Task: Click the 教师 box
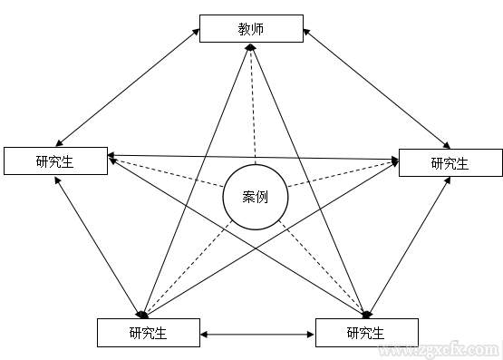coord(250,28)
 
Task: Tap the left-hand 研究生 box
coord(54,161)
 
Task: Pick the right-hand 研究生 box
coord(450,163)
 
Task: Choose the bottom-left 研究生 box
coord(148,333)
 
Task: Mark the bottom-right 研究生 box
coord(366,333)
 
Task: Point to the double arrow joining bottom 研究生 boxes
coord(256,334)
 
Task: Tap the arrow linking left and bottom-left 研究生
coord(100,245)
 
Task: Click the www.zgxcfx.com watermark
coord(439,349)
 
